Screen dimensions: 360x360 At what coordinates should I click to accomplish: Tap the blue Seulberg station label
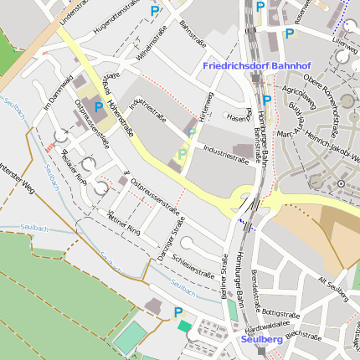point(261,340)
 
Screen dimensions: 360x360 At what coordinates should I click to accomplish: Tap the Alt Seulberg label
point(332,284)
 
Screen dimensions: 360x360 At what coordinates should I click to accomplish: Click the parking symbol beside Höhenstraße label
point(99,107)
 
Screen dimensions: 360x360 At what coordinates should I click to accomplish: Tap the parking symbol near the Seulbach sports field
point(177,312)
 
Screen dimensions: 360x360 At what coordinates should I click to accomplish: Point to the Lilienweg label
point(344,39)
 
